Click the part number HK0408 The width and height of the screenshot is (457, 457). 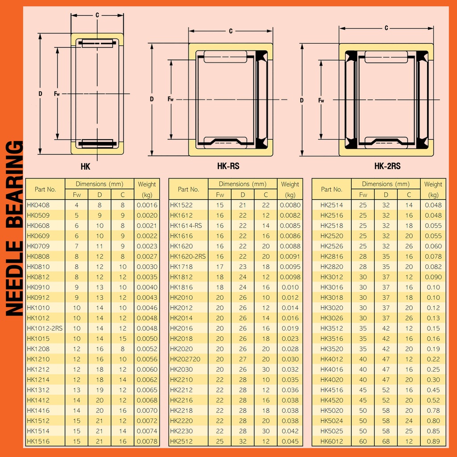[x=38, y=205]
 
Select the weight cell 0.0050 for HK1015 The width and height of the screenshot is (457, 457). [x=147, y=339]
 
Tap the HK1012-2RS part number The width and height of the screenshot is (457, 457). [x=45, y=328]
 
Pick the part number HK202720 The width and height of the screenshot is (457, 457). [x=185, y=359]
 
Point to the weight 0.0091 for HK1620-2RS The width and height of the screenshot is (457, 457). [x=290, y=257]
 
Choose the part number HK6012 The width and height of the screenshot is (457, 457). [x=332, y=441]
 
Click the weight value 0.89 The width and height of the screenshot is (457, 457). [x=433, y=441]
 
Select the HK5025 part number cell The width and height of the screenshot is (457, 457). [x=332, y=431]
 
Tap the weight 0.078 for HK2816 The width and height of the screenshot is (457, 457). [x=433, y=257]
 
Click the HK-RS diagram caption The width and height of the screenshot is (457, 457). [x=228, y=166]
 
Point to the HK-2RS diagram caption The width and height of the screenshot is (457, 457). [x=387, y=166]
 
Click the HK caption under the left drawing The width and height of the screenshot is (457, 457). [x=85, y=167]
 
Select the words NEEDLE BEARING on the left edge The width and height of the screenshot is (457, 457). [x=14, y=228]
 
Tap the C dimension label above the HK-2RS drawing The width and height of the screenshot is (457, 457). [x=386, y=28]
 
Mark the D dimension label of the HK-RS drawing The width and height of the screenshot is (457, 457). [x=152, y=100]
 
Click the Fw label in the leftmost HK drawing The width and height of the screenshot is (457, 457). [x=57, y=94]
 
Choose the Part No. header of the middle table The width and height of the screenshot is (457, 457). [x=188, y=189]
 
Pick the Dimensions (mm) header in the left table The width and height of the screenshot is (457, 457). [x=100, y=184]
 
